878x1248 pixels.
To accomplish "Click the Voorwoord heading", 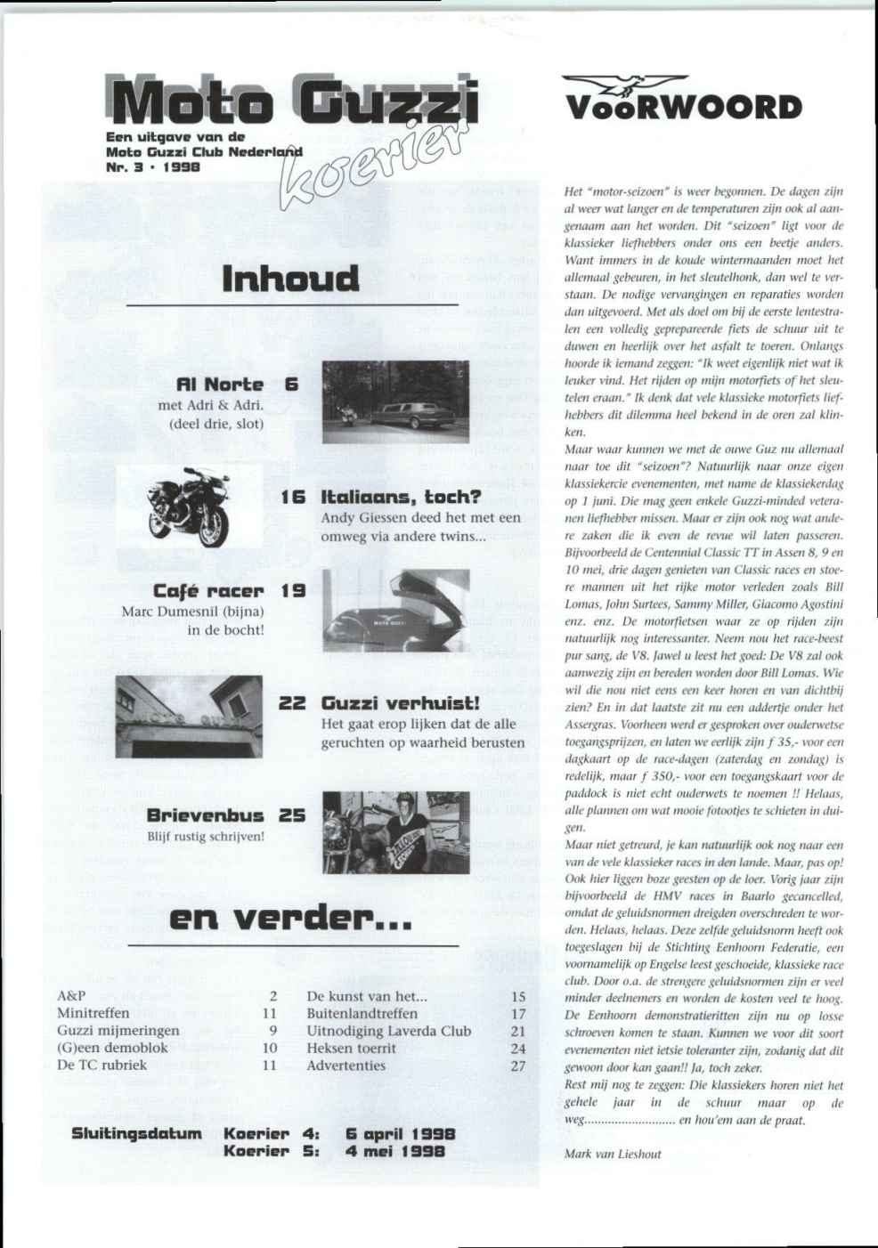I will (x=683, y=108).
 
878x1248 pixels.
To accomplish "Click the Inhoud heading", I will (x=291, y=278).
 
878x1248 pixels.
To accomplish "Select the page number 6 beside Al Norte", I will (x=291, y=385).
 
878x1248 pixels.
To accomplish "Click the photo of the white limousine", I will (x=395, y=401).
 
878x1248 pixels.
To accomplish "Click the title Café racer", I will (x=208, y=591).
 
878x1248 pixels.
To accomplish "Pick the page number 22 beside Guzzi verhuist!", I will (x=293, y=703).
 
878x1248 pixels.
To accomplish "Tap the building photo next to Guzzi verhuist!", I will (x=189, y=717).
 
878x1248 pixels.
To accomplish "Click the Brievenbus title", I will (x=205, y=815).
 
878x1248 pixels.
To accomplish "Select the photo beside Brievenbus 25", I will (x=395, y=832).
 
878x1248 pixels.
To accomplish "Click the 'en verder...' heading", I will (x=290, y=918).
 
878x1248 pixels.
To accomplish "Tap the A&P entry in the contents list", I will (x=71, y=996).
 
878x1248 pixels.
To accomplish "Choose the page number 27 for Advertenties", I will (x=518, y=1066).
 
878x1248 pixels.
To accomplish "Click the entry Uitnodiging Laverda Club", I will (x=388, y=1031).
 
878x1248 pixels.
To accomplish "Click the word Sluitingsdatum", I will (x=136, y=1134).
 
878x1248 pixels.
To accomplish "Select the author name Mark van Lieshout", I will (x=613, y=1155).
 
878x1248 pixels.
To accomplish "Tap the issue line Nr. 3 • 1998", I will (x=152, y=166).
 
